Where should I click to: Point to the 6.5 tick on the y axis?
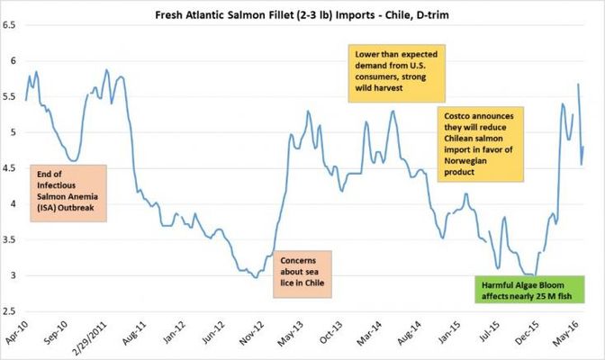pyautogui.click(x=12, y=25)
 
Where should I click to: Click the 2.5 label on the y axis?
pyautogui.click(x=12, y=311)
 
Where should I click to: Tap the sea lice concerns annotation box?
pyautogui.click(x=301, y=274)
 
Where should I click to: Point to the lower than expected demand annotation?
pyautogui.click(x=393, y=77)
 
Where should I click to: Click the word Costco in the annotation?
pyautogui.click(x=456, y=118)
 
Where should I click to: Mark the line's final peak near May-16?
pyautogui.click(x=577, y=85)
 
